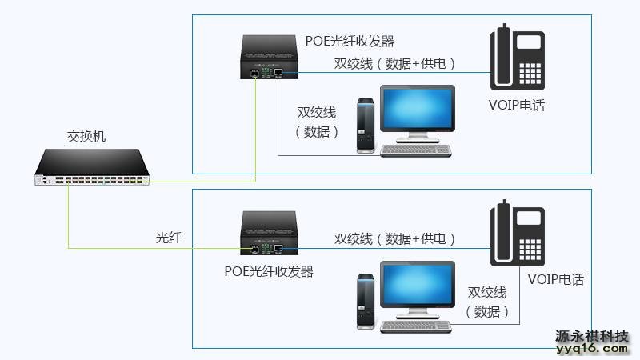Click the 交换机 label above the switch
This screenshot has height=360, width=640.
pyautogui.click(x=86, y=137)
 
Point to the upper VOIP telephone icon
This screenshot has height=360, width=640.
pyautogui.click(x=518, y=58)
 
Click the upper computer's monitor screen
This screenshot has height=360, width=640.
pyautogui.click(x=415, y=111)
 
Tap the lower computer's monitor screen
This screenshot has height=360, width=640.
pyautogui.click(x=415, y=286)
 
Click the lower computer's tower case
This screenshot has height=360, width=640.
pyautogui.click(x=365, y=300)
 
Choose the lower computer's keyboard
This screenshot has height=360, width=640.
pyautogui.click(x=414, y=325)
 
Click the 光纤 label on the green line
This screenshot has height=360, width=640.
pyautogui.click(x=169, y=238)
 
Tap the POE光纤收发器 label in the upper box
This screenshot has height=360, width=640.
pyautogui.click(x=350, y=41)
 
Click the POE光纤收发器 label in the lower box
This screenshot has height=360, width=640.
pyautogui.click(x=269, y=271)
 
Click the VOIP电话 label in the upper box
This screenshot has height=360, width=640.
pyautogui.click(x=516, y=105)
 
